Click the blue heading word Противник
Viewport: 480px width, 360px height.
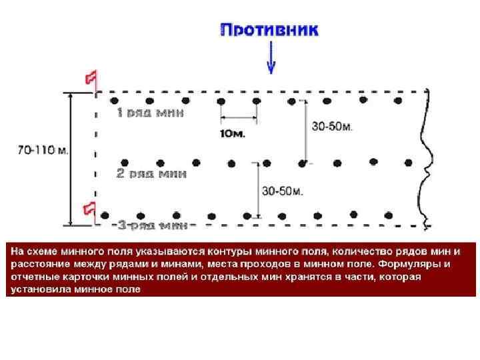point(269,30)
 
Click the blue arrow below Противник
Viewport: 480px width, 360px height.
point(271,60)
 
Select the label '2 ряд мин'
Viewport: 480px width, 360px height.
point(151,173)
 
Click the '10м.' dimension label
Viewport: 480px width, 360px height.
point(233,133)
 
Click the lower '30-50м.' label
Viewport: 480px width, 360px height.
point(283,191)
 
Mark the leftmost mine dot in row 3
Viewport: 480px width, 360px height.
point(105,215)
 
